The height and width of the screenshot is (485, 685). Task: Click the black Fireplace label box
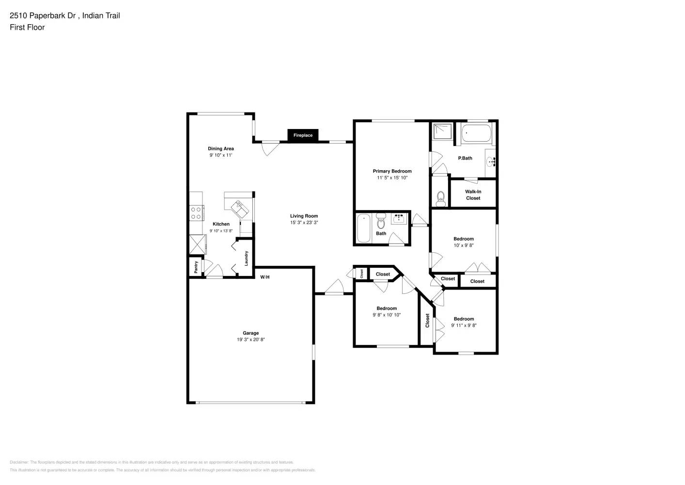pos(303,135)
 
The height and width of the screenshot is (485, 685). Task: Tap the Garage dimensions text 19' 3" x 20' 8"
pos(250,340)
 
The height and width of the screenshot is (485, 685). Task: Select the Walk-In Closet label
pos(473,195)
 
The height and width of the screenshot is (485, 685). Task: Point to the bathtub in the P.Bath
pos(476,133)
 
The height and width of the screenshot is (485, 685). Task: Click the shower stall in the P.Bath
pos(443,131)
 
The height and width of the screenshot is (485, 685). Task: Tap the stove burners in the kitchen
pos(196,213)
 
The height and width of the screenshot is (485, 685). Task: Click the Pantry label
pos(196,267)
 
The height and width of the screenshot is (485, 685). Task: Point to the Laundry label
pos(246,258)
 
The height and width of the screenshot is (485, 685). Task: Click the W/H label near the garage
pos(265,277)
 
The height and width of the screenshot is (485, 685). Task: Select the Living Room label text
pos(304,216)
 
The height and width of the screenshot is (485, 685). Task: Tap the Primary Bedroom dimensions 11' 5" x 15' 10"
pos(392,178)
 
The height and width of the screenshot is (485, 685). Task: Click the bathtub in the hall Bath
pos(364,228)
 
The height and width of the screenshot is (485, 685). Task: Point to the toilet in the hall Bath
pos(381,223)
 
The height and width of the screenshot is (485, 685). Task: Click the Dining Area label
pos(221,149)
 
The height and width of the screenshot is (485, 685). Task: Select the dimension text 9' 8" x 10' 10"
pos(387,315)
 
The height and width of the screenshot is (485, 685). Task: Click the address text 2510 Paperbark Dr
pos(44,16)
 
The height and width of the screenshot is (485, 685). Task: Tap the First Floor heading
pos(27,28)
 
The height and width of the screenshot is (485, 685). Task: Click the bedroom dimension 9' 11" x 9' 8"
pos(464,326)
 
